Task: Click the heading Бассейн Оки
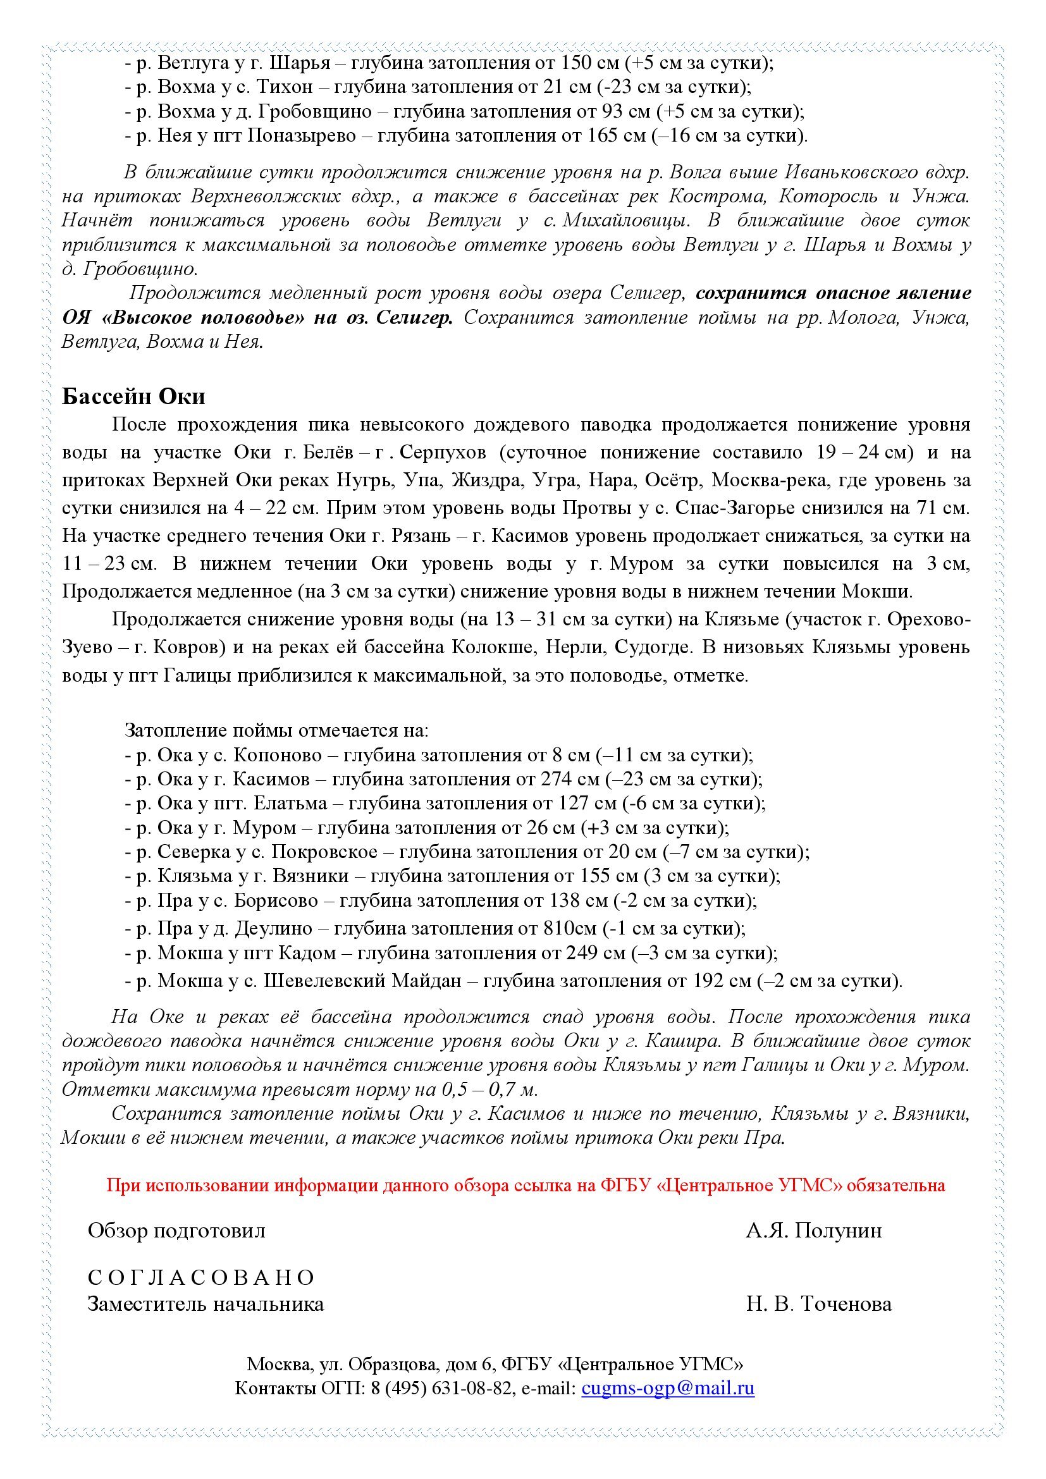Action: coord(133,396)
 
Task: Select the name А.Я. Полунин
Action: coord(813,1230)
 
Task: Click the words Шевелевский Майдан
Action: coord(362,981)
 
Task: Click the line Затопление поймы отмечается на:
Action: coord(276,730)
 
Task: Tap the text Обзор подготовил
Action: coord(176,1230)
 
